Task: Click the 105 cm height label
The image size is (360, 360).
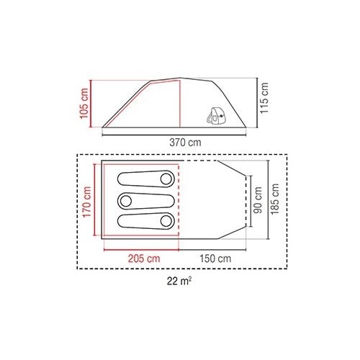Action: click(84, 103)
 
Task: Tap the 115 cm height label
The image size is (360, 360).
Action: click(264, 98)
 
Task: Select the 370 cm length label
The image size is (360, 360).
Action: click(185, 143)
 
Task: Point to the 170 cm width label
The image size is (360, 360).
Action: click(87, 202)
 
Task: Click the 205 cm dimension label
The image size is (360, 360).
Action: click(144, 258)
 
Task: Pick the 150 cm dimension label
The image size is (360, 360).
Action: click(215, 258)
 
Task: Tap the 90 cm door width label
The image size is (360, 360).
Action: click(258, 200)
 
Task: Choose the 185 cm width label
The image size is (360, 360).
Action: click(275, 199)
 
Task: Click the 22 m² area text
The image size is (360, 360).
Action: click(179, 281)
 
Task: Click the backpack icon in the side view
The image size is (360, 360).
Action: click(217, 116)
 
